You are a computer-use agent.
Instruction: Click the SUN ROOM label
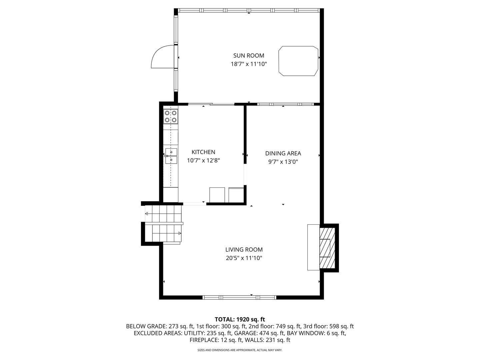248,56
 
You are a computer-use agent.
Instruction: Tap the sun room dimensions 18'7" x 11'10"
249,64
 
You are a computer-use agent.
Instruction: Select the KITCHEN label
203,152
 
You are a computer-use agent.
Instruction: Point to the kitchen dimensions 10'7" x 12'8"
203,160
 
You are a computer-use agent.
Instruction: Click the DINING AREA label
283,153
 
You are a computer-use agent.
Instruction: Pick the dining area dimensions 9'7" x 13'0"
283,162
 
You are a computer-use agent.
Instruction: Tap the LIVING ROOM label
244,249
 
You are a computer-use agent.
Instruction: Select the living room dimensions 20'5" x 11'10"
244,258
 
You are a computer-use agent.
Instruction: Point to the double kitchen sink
171,156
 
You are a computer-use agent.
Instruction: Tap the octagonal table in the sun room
298,61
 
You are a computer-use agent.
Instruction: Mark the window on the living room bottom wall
240,297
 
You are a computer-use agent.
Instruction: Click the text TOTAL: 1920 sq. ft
240,319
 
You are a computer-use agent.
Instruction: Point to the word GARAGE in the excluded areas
245,333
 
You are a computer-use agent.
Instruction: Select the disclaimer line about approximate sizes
240,350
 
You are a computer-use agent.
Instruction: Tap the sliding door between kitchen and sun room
211,104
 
